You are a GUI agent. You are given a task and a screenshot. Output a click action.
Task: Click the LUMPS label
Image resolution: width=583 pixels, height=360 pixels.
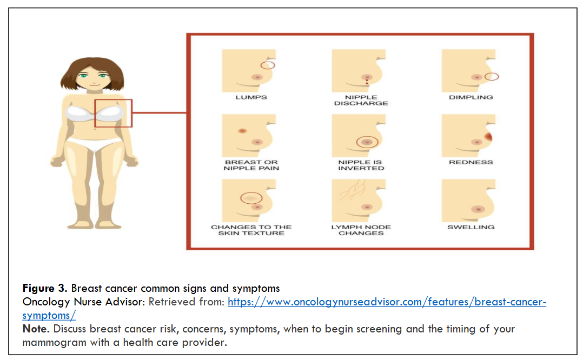(x=251, y=97)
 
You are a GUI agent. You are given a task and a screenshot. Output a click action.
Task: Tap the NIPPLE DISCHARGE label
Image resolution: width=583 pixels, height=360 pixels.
(x=361, y=101)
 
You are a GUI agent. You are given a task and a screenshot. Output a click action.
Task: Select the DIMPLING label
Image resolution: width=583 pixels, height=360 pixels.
(x=471, y=97)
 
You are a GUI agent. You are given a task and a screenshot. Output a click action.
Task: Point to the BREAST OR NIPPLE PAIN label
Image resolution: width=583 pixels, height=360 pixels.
(x=251, y=165)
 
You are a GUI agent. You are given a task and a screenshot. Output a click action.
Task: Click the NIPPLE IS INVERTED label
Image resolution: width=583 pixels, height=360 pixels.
(x=361, y=165)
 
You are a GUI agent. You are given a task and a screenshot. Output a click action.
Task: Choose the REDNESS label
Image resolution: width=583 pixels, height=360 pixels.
(x=471, y=162)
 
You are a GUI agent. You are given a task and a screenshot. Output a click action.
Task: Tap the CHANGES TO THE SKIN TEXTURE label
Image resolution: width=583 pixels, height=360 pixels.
(x=251, y=230)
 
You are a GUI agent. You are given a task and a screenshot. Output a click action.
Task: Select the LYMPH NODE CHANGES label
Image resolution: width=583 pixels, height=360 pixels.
(x=361, y=230)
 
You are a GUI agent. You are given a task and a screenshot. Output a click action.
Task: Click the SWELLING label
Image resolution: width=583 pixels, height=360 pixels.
(x=471, y=227)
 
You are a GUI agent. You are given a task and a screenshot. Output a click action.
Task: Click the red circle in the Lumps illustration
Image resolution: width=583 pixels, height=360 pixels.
(x=268, y=65)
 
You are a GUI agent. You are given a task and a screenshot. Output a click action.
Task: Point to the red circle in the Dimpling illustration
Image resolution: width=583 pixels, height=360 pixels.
(x=492, y=77)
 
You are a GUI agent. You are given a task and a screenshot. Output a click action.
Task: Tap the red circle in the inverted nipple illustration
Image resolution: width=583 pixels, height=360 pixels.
(x=367, y=142)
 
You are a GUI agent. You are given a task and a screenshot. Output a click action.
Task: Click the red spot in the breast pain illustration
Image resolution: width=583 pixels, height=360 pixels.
(x=242, y=131)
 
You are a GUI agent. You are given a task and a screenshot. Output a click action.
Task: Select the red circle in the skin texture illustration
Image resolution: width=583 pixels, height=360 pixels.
(x=251, y=198)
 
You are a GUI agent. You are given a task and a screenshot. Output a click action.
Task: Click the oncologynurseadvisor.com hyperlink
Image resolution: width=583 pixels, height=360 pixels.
(x=386, y=302)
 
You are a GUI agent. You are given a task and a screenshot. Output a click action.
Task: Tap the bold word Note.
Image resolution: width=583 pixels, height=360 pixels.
(x=35, y=329)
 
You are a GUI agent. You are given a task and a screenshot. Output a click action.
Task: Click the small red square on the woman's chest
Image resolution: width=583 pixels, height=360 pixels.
(x=114, y=113)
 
